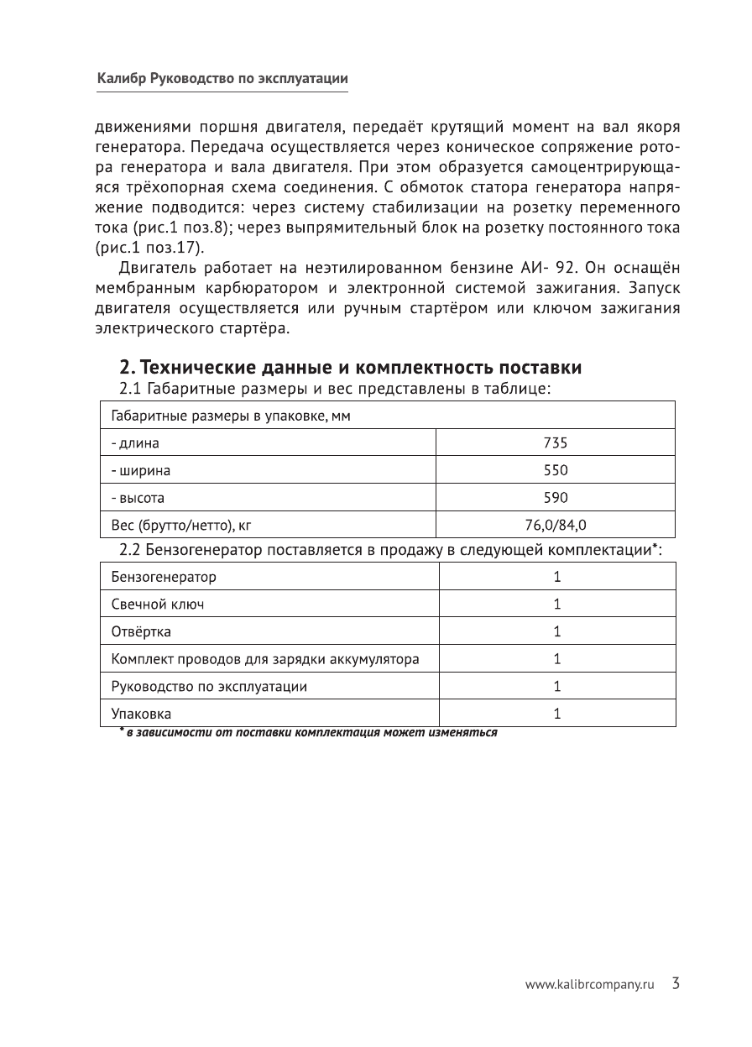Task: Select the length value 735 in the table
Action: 556,442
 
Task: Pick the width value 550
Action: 556,470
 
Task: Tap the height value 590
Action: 556,497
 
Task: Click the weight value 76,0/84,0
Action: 556,525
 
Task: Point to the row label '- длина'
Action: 135,442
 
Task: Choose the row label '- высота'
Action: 138,497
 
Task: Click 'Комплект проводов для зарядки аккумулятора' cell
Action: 265,659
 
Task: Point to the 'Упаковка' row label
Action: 141,714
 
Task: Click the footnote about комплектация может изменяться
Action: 308,732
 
